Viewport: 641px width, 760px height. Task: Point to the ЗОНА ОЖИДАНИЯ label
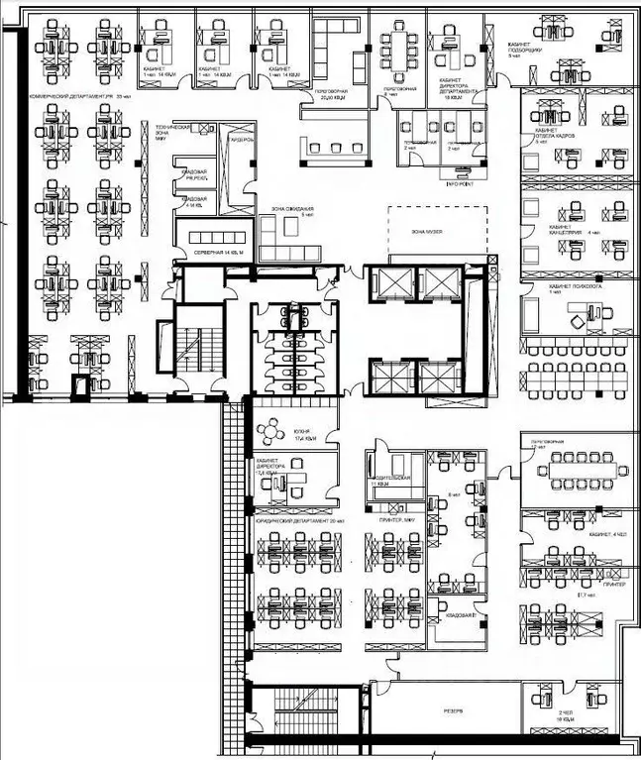pyautogui.click(x=285, y=211)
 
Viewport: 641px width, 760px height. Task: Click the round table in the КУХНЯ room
pyautogui.click(x=268, y=432)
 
